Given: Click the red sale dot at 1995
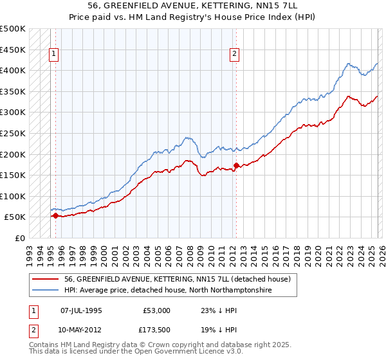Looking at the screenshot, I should pyautogui.click(x=55, y=216).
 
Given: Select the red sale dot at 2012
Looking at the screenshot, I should pyautogui.click(x=236, y=165).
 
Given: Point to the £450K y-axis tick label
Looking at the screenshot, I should pyautogui.click(x=12, y=50).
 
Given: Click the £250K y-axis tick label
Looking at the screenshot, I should pyautogui.click(x=12, y=133).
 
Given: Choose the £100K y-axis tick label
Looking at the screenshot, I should pyautogui.click(x=12, y=196).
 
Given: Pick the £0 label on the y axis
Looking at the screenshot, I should pyautogui.click(x=19, y=238).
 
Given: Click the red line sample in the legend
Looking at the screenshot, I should pyautogui.click(x=46, y=280).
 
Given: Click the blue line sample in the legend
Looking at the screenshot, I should pyautogui.click(x=46, y=291).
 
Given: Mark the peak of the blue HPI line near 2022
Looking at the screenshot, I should pyautogui.click(x=348, y=64).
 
